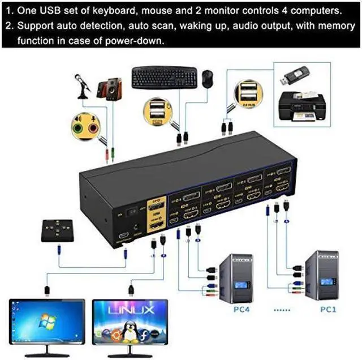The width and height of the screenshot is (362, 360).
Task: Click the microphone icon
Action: pyautogui.click(x=83, y=84)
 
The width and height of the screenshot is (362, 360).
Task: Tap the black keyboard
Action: pyautogui.click(x=164, y=78)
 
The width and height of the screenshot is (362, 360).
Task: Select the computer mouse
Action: pyautogui.click(x=208, y=78)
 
